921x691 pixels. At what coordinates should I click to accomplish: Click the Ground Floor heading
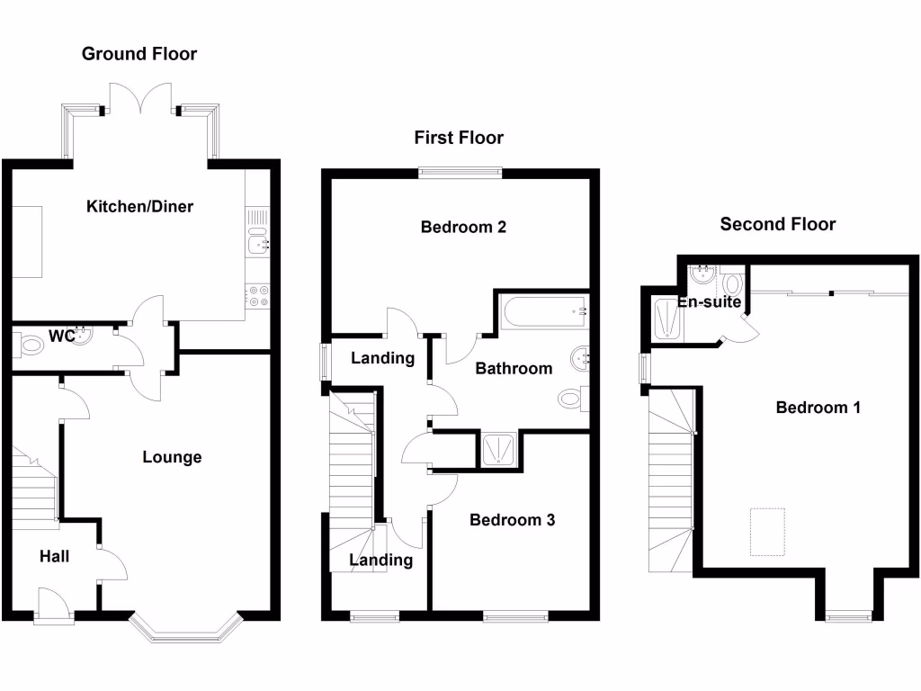pos(139,54)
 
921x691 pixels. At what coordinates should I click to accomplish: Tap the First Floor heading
pos(459,138)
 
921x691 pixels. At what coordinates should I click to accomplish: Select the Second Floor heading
pos(777,224)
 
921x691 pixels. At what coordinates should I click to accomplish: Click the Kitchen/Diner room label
pos(139,207)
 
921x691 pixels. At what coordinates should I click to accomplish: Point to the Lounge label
pos(172,457)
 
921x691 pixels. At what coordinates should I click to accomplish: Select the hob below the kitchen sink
pos(257,296)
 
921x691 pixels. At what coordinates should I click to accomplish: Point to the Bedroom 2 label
pos(463,228)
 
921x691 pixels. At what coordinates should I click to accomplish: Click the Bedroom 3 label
pos(512,520)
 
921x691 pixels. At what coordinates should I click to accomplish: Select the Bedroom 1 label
pos(818,408)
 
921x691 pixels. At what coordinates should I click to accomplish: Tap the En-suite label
pos(709,302)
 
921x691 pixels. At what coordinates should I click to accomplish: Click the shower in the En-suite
pos(666,319)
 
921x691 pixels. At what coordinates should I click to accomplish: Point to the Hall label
pos(54,557)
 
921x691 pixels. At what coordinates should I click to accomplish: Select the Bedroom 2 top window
pos(460,173)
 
